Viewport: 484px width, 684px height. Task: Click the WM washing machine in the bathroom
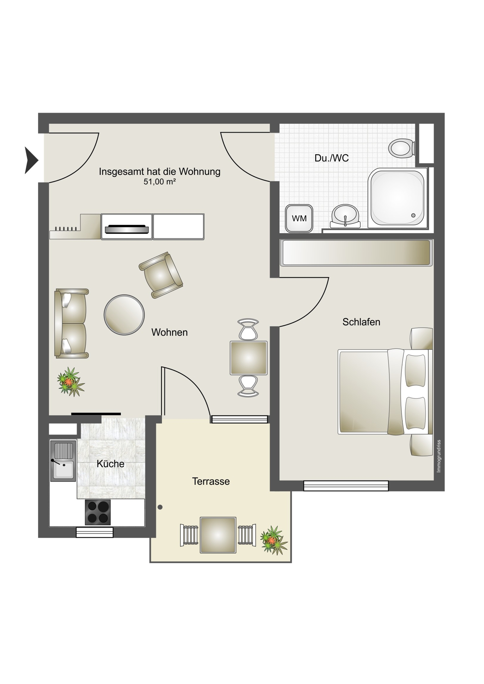coord(299,218)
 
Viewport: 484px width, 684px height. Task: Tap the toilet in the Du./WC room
coord(402,148)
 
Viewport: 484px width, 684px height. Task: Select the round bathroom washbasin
coord(345,216)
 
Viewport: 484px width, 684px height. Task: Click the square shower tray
coord(397,198)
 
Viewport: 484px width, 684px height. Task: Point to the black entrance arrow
coord(31,160)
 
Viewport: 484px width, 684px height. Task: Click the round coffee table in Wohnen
coord(124,315)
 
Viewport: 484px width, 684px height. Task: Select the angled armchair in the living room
coord(161,275)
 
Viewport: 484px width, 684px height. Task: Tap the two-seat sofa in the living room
coord(71,323)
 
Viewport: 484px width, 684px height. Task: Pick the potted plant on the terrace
coord(274,540)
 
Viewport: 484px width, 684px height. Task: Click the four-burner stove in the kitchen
coord(98,512)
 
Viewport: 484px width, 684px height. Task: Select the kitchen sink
coord(63,461)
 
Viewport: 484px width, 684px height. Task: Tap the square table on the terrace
coord(218,535)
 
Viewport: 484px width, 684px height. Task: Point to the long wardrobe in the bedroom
coord(356,253)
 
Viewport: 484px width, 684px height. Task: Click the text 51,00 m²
coord(159,182)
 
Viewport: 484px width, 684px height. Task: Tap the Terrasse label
coord(211,481)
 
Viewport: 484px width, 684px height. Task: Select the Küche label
coord(111,464)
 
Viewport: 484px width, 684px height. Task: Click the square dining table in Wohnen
coord(249,358)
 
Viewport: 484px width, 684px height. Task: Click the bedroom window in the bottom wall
coord(346,486)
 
